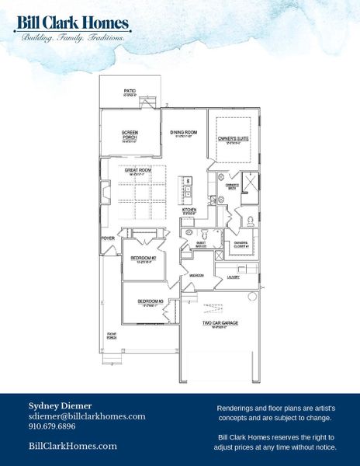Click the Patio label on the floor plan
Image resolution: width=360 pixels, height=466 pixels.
click(130, 92)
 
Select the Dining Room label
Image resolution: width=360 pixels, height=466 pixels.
click(185, 133)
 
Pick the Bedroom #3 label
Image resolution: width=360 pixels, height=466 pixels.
click(149, 301)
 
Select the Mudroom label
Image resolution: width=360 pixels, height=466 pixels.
click(196, 275)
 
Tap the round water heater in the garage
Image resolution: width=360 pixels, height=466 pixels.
click(251, 297)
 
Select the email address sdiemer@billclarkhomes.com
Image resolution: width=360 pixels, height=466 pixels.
click(87, 416)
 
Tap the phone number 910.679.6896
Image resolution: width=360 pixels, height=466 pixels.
click(52, 426)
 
